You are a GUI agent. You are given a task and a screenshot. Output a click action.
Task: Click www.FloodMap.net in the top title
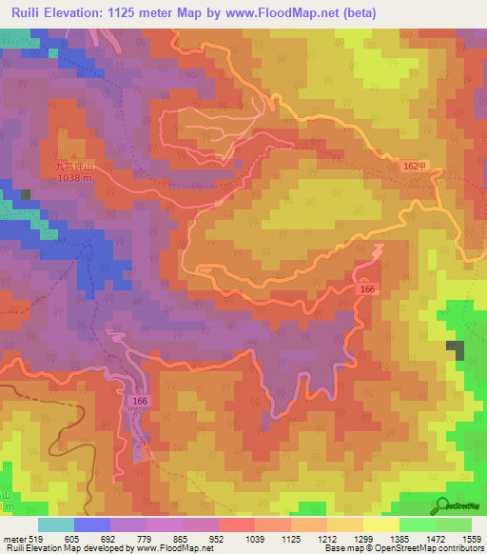[285, 13]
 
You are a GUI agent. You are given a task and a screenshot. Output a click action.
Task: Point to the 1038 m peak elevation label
[73, 178]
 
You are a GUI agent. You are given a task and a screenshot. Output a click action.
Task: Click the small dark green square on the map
[26, 194]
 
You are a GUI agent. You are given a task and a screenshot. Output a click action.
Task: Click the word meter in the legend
[15, 538]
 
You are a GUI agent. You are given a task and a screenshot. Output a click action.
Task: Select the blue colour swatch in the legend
[91, 524]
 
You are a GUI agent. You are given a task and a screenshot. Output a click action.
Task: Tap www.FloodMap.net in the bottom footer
[179, 549]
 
